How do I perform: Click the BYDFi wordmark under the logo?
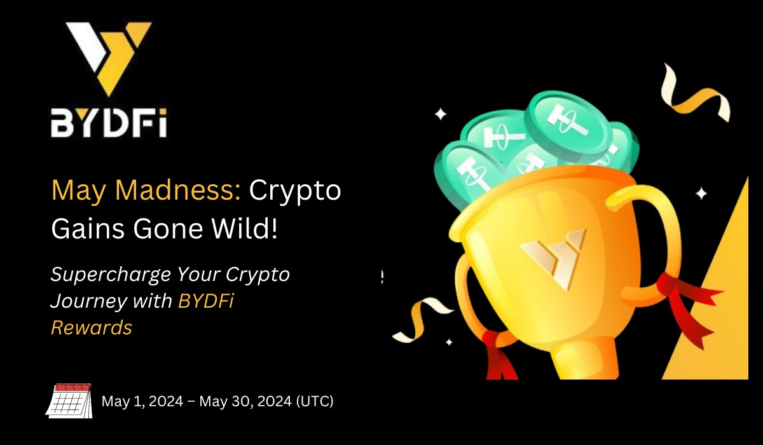click(109, 123)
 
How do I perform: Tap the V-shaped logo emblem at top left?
click(109, 58)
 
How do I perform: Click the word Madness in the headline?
click(178, 190)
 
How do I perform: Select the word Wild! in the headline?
click(244, 228)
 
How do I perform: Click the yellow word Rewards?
click(92, 327)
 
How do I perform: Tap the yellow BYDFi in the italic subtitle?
click(206, 301)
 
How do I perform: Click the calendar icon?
click(69, 400)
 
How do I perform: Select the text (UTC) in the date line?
click(315, 401)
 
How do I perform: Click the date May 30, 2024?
click(245, 401)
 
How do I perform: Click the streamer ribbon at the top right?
click(695, 93)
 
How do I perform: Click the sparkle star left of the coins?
click(441, 114)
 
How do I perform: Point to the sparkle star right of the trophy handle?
click(701, 193)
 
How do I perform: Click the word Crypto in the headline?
click(295, 191)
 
